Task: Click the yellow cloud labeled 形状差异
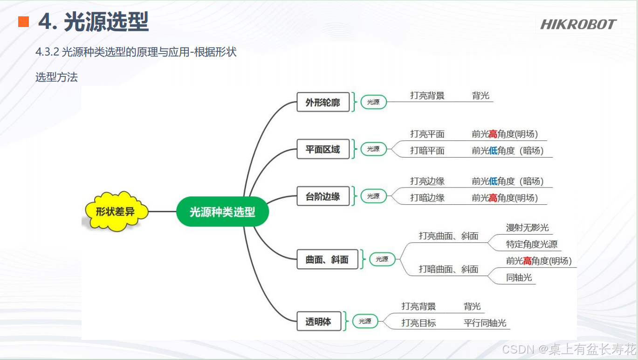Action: tap(115, 212)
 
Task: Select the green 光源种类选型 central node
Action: tap(222, 212)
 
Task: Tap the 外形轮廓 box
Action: tap(323, 102)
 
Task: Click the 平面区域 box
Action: tap(323, 150)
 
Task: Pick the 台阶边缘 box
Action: tap(323, 196)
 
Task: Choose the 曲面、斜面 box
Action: tap(327, 259)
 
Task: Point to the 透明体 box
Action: tap(319, 322)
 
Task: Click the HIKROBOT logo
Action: tap(578, 24)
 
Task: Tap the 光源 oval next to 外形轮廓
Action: tap(373, 102)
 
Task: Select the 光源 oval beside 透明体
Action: tap(365, 321)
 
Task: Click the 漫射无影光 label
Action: tap(528, 228)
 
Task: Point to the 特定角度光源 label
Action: tap(532, 244)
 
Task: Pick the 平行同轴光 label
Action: tap(485, 323)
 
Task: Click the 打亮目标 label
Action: tap(418, 323)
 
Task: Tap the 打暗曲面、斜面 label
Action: tap(448, 269)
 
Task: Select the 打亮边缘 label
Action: tap(427, 181)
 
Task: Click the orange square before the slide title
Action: tap(23, 21)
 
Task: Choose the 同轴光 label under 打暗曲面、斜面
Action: tap(519, 278)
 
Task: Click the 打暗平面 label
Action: tap(427, 151)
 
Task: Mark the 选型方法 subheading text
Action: tap(56, 77)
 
